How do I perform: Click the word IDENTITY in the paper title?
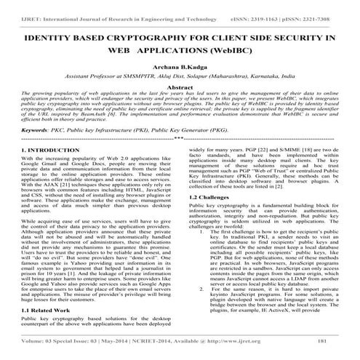coord(50,36)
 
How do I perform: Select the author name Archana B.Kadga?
coord(180,63)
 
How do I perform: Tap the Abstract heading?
coord(180,87)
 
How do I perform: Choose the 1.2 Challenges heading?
coord(211,197)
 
